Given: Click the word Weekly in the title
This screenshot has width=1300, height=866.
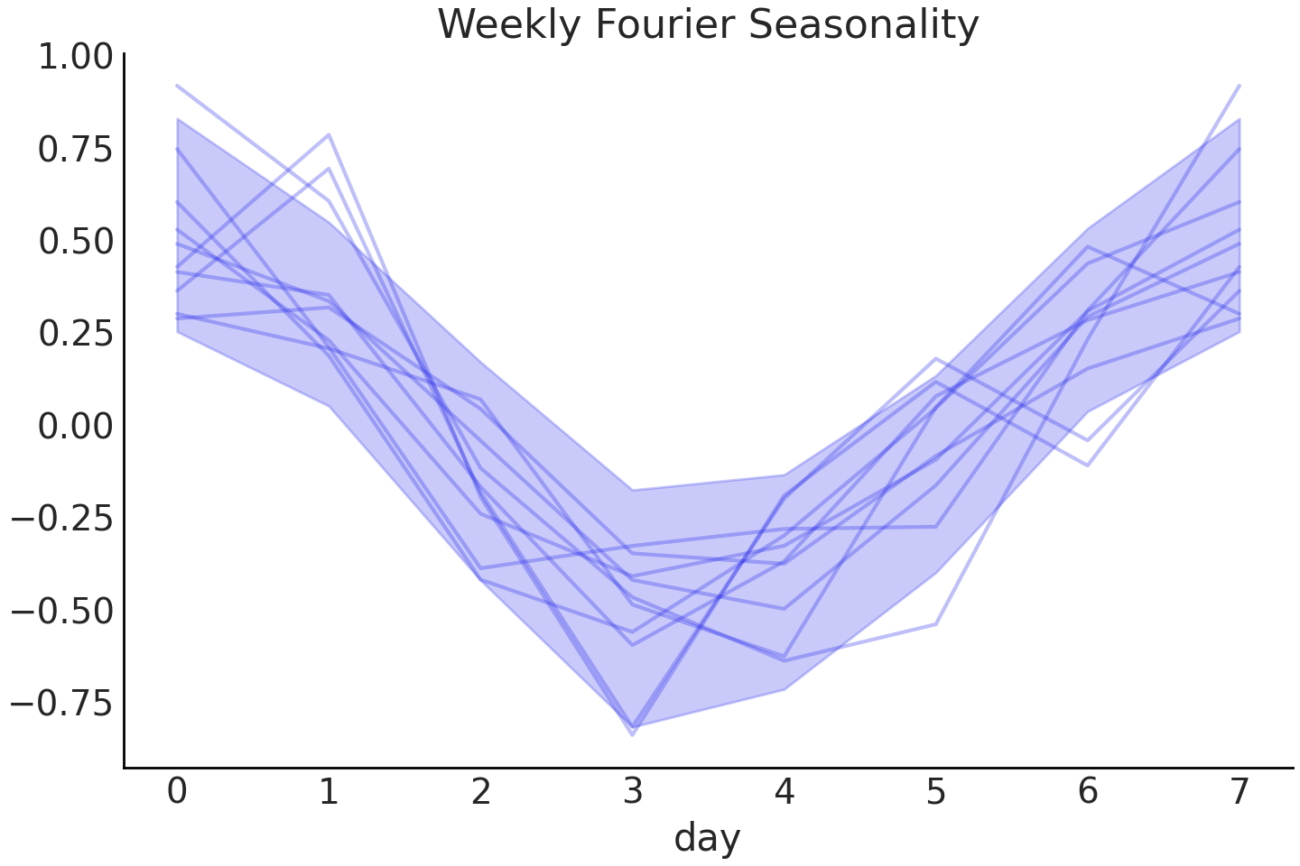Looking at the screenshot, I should click(x=507, y=24).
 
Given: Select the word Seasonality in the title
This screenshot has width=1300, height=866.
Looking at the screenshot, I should click(x=864, y=24).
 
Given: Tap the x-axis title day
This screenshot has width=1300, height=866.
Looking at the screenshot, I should click(x=707, y=837).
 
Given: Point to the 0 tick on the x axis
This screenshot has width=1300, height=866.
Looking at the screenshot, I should click(x=177, y=792).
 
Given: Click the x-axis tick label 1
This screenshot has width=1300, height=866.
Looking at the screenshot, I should click(x=329, y=792).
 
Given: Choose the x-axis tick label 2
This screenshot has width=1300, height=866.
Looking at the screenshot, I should click(x=480, y=792).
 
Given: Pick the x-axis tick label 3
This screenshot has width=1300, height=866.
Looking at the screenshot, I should click(x=633, y=792).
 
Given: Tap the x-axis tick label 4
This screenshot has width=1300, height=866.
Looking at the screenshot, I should click(x=785, y=792).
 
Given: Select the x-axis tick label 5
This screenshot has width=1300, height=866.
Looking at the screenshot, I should click(x=936, y=792).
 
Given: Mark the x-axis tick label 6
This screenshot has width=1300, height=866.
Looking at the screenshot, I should click(x=1088, y=792).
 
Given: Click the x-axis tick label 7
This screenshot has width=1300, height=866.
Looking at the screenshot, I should click(x=1240, y=792).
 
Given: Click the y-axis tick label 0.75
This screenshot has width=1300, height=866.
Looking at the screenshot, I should click(x=75, y=150).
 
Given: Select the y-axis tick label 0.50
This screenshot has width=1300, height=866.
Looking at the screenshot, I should click(x=75, y=242).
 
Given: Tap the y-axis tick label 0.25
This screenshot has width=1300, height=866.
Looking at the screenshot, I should click(x=75, y=334).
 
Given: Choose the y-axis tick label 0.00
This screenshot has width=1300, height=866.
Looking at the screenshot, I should click(x=75, y=426).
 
